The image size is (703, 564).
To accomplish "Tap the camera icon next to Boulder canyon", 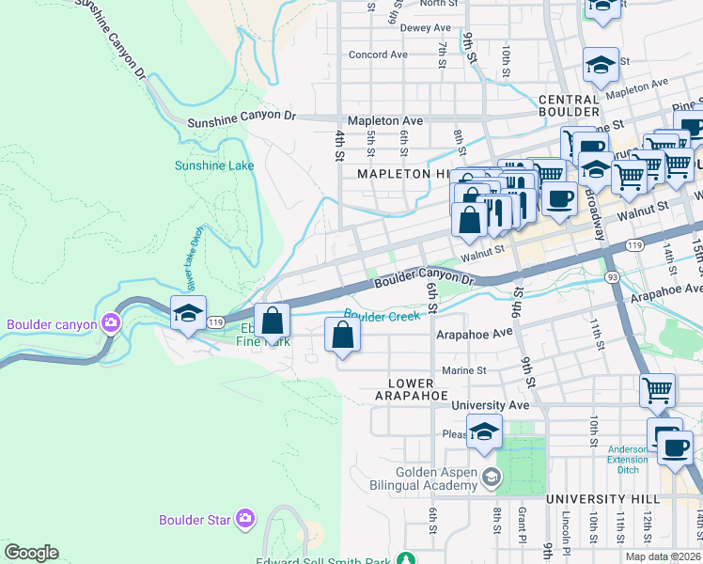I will (x=112, y=325).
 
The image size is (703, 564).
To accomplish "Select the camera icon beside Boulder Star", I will (x=244, y=518).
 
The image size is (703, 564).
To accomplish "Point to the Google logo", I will (x=31, y=553).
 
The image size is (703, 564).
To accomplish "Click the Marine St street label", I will (x=463, y=370).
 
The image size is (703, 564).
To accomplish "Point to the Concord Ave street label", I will (x=378, y=55).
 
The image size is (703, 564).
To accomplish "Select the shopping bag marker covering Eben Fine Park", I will (x=272, y=321).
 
